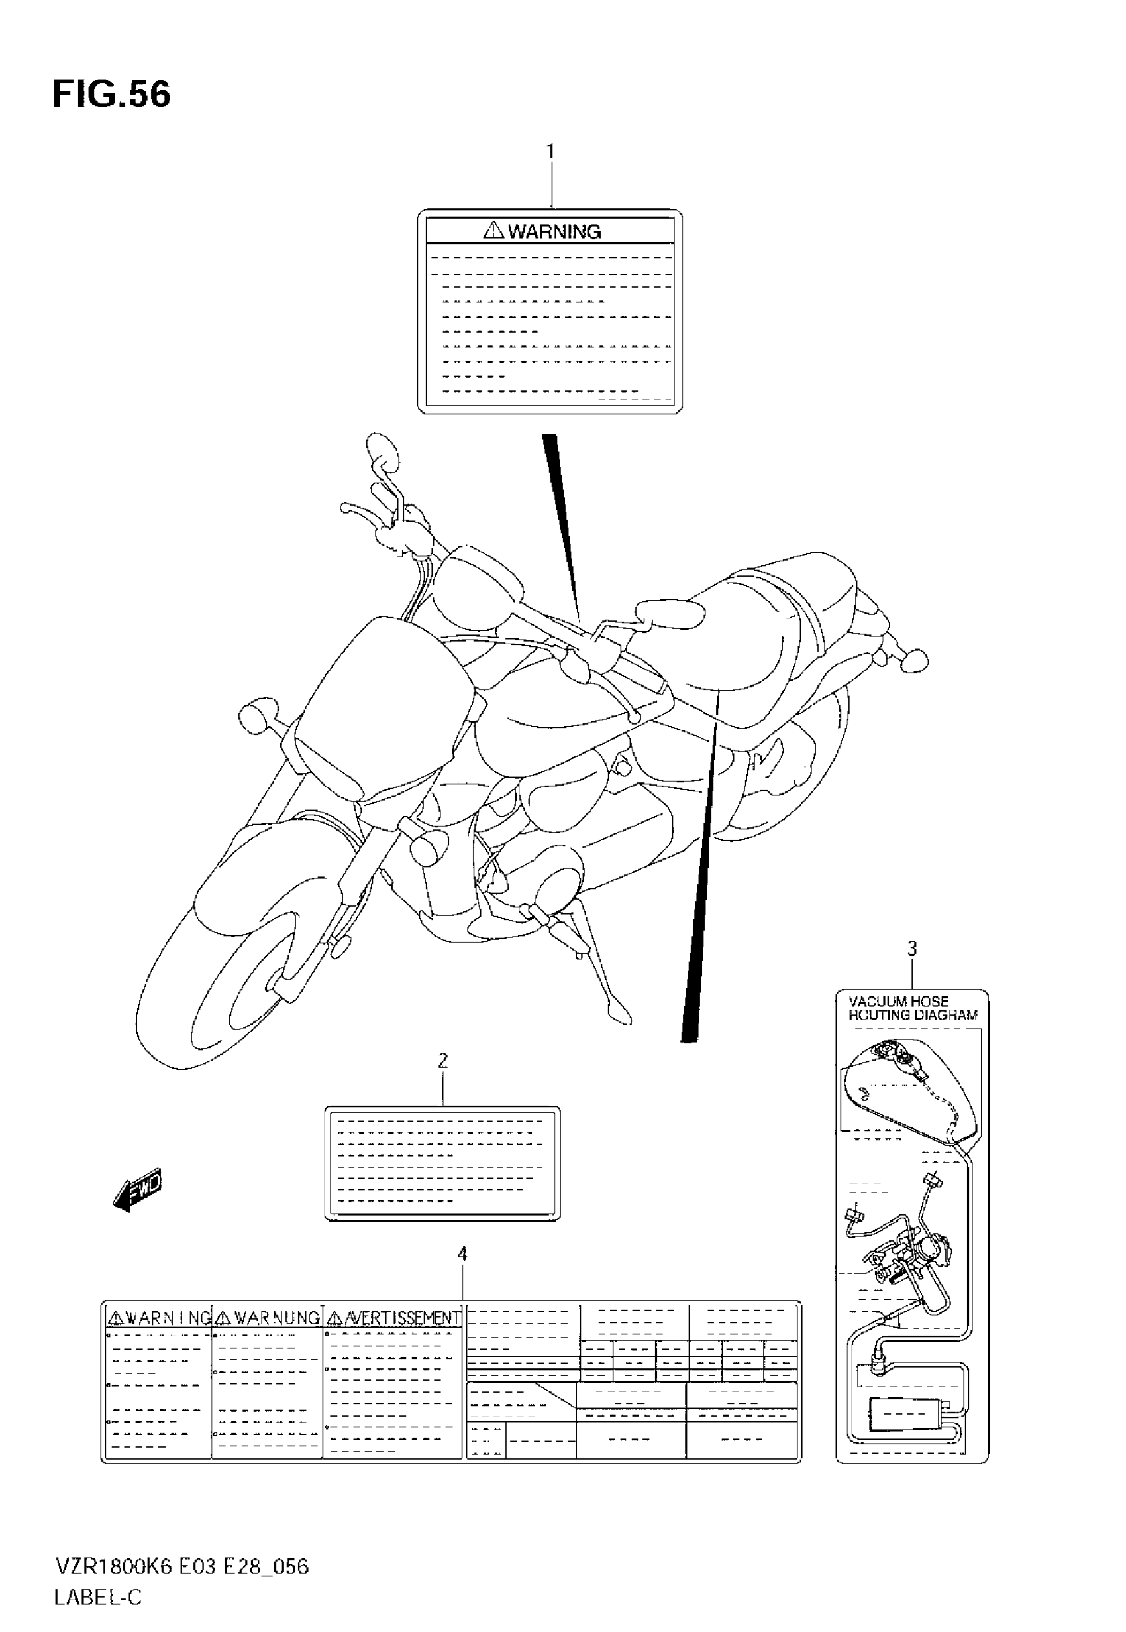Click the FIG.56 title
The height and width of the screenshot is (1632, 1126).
pos(111,94)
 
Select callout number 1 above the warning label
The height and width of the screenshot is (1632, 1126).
pos(550,152)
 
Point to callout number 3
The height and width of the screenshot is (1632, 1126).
pos(911,949)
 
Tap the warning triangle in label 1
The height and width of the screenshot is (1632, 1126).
pos(493,229)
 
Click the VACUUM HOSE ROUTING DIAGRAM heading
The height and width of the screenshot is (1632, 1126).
pos(912,1008)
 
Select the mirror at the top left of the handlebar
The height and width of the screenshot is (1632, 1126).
pos(382,452)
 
